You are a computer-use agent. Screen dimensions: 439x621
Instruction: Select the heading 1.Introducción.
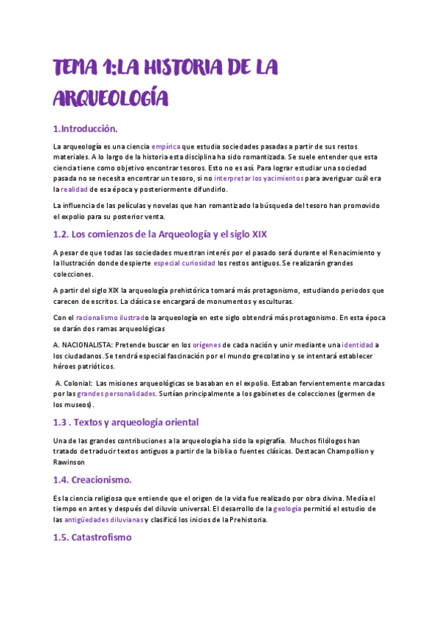point(85,129)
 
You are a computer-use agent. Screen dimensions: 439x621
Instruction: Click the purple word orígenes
point(218,344)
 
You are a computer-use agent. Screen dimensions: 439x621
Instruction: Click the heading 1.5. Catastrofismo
point(92,537)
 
